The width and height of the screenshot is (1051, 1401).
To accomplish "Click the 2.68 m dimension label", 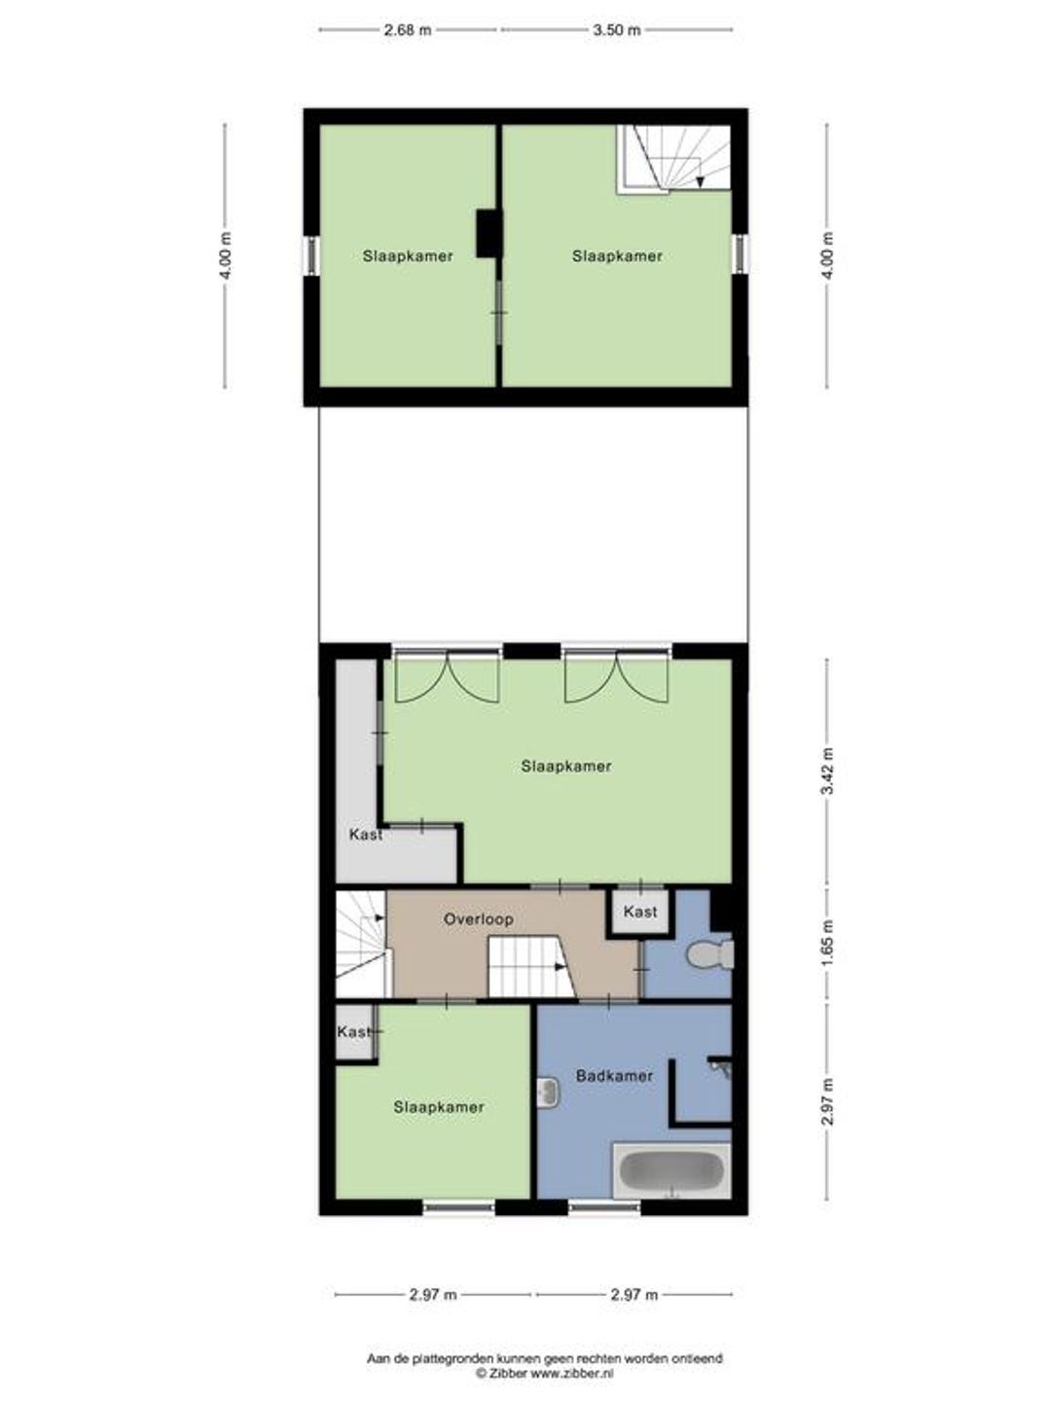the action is [408, 30].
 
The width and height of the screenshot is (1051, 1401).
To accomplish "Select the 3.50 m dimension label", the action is [616, 30].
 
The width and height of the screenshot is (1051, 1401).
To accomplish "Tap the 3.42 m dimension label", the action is [829, 771].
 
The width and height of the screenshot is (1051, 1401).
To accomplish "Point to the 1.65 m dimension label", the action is [829, 944].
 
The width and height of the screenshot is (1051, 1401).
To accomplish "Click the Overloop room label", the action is [479, 919].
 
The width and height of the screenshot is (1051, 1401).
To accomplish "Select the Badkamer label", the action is [614, 1075].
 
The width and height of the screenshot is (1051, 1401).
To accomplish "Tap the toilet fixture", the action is [709, 955].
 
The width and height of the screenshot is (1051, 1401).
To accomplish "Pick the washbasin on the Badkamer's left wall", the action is [548, 1092].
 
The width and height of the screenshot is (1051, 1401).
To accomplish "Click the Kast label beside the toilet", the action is [640, 912].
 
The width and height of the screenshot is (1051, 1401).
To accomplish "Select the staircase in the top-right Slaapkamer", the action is [673, 158].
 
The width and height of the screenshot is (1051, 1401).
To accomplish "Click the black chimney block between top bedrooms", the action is [489, 234].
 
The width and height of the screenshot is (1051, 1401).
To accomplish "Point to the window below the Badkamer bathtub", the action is [604, 1206].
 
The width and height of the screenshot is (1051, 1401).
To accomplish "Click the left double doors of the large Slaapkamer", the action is [446, 676].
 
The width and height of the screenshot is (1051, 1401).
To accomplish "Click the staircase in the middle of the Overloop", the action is [532, 966].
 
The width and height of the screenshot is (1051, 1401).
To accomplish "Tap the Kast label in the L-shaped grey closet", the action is [366, 834].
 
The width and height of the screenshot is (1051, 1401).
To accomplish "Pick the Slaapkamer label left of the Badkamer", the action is [439, 1107].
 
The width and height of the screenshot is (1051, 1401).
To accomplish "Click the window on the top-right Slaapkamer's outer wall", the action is [740, 253].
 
